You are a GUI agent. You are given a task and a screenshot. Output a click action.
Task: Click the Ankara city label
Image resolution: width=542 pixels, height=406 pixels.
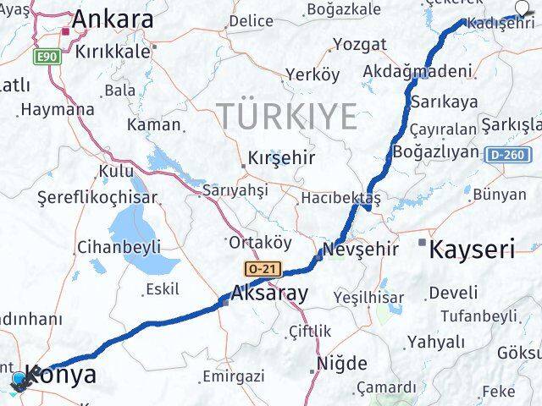[113, 19]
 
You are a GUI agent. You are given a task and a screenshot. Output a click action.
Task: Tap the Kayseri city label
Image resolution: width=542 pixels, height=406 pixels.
[473, 249]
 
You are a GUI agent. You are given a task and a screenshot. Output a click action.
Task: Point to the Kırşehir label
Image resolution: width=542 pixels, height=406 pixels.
[269, 157]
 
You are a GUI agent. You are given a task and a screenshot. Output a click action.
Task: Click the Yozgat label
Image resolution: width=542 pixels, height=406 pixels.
[359, 44]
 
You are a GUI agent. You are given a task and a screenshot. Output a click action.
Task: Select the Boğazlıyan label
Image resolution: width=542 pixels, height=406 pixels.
[436, 152]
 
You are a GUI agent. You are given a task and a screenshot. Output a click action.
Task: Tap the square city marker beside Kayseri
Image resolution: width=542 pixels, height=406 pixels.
[423, 243]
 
